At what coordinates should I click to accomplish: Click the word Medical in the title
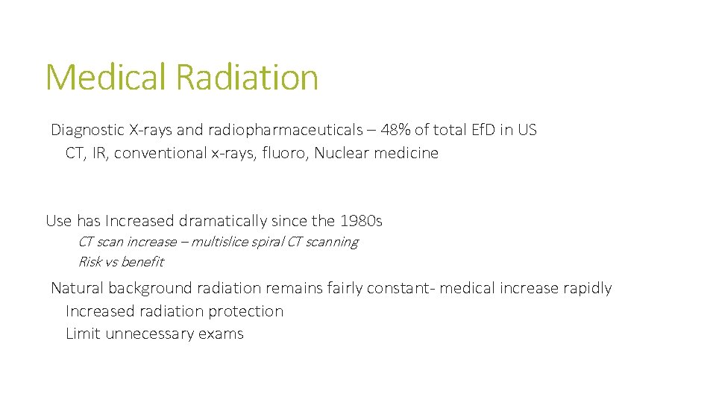click(x=107, y=77)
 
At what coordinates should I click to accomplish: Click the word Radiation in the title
click(x=247, y=77)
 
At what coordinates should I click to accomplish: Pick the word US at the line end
click(x=527, y=130)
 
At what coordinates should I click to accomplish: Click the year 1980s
click(x=360, y=221)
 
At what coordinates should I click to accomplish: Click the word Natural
click(x=77, y=288)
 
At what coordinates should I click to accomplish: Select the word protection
click(x=245, y=311)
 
